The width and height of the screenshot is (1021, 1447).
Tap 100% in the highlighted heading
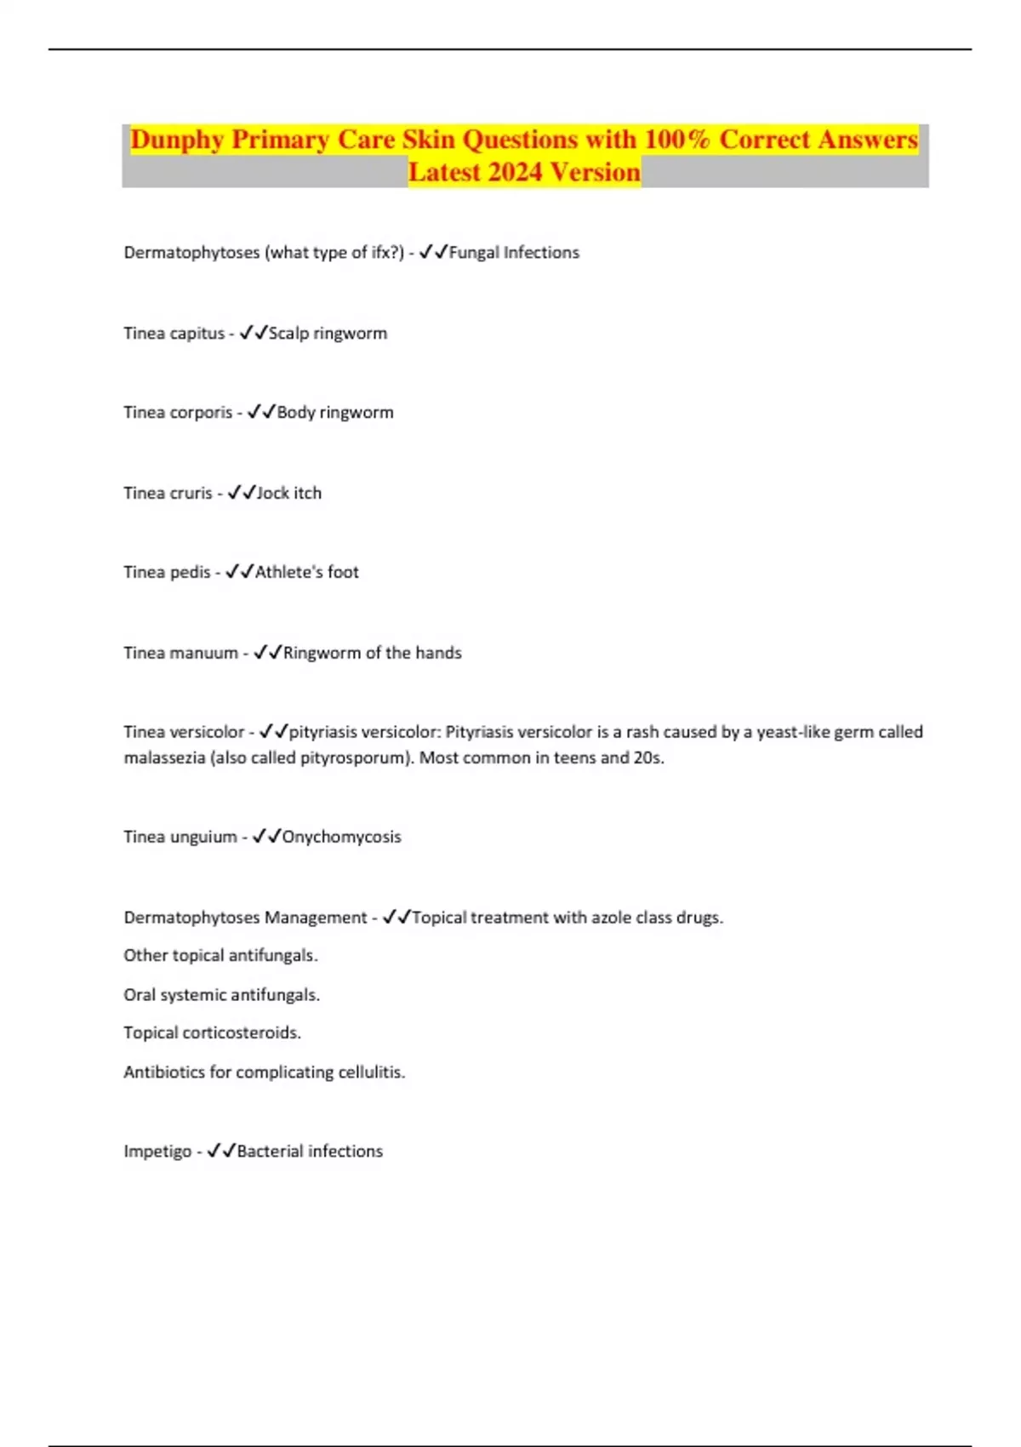pyautogui.click(x=676, y=140)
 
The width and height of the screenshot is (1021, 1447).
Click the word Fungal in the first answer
pyautogui.click(x=474, y=253)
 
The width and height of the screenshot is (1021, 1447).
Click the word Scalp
pyautogui.click(x=288, y=334)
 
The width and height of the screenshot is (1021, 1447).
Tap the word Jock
pyautogui.click(x=272, y=493)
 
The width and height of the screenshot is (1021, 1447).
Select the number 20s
pyautogui.click(x=648, y=758)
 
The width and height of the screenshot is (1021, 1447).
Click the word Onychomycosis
pyautogui.click(x=341, y=837)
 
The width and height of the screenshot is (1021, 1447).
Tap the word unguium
pyautogui.click(x=203, y=837)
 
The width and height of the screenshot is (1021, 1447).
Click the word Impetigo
pyautogui.click(x=157, y=1152)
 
